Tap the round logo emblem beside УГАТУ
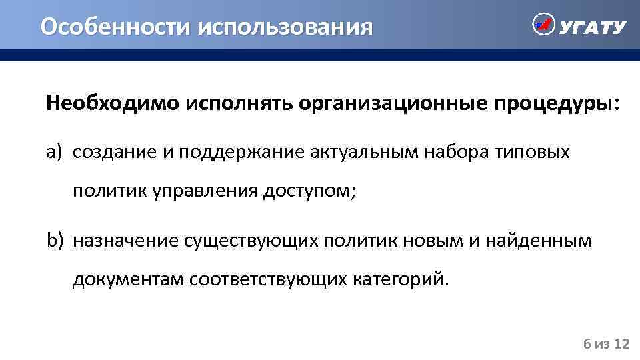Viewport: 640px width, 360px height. coord(543,25)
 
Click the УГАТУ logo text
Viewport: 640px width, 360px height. coord(593,27)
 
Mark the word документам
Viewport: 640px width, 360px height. coord(129,278)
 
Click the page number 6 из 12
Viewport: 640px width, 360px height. coord(607,344)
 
